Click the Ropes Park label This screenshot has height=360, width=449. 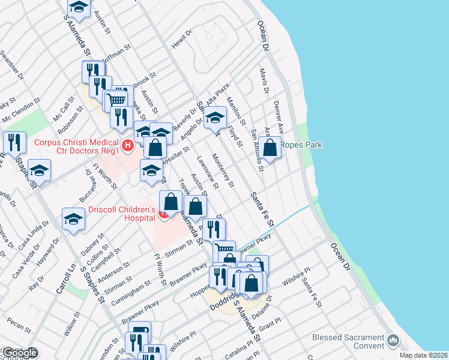(304, 145)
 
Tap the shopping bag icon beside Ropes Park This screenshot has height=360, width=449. (271, 147)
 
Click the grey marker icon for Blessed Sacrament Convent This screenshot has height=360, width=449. (393, 341)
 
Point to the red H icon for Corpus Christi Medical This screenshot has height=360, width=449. (127, 145)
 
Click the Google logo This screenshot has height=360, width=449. (19, 353)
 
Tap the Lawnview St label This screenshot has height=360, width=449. (206, 170)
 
